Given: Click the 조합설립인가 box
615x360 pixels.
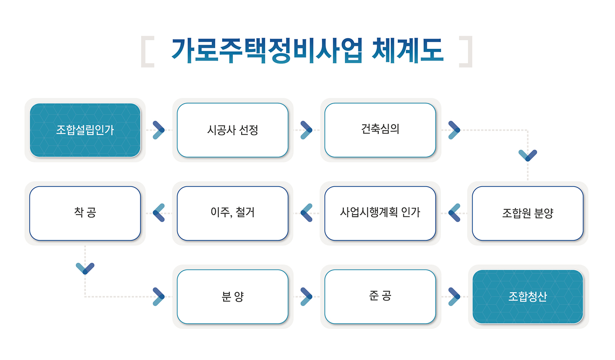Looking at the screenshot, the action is [x=85, y=130].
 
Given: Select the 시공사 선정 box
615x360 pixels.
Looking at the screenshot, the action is [x=232, y=130].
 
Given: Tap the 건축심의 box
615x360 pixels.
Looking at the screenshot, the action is [x=380, y=130].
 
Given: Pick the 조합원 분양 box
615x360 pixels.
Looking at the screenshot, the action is [x=528, y=213].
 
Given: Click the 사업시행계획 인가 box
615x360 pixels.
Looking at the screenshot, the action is [x=380, y=213].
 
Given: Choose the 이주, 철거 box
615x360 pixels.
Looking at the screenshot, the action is [x=232, y=213].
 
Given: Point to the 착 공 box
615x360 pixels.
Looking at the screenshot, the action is [x=85, y=213].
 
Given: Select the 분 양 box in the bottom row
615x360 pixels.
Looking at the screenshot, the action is [x=232, y=296].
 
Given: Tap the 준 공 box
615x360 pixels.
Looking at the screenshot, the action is [x=380, y=296].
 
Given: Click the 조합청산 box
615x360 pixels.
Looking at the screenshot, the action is [x=528, y=296].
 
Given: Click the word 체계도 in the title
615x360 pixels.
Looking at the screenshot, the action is [x=408, y=50].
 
